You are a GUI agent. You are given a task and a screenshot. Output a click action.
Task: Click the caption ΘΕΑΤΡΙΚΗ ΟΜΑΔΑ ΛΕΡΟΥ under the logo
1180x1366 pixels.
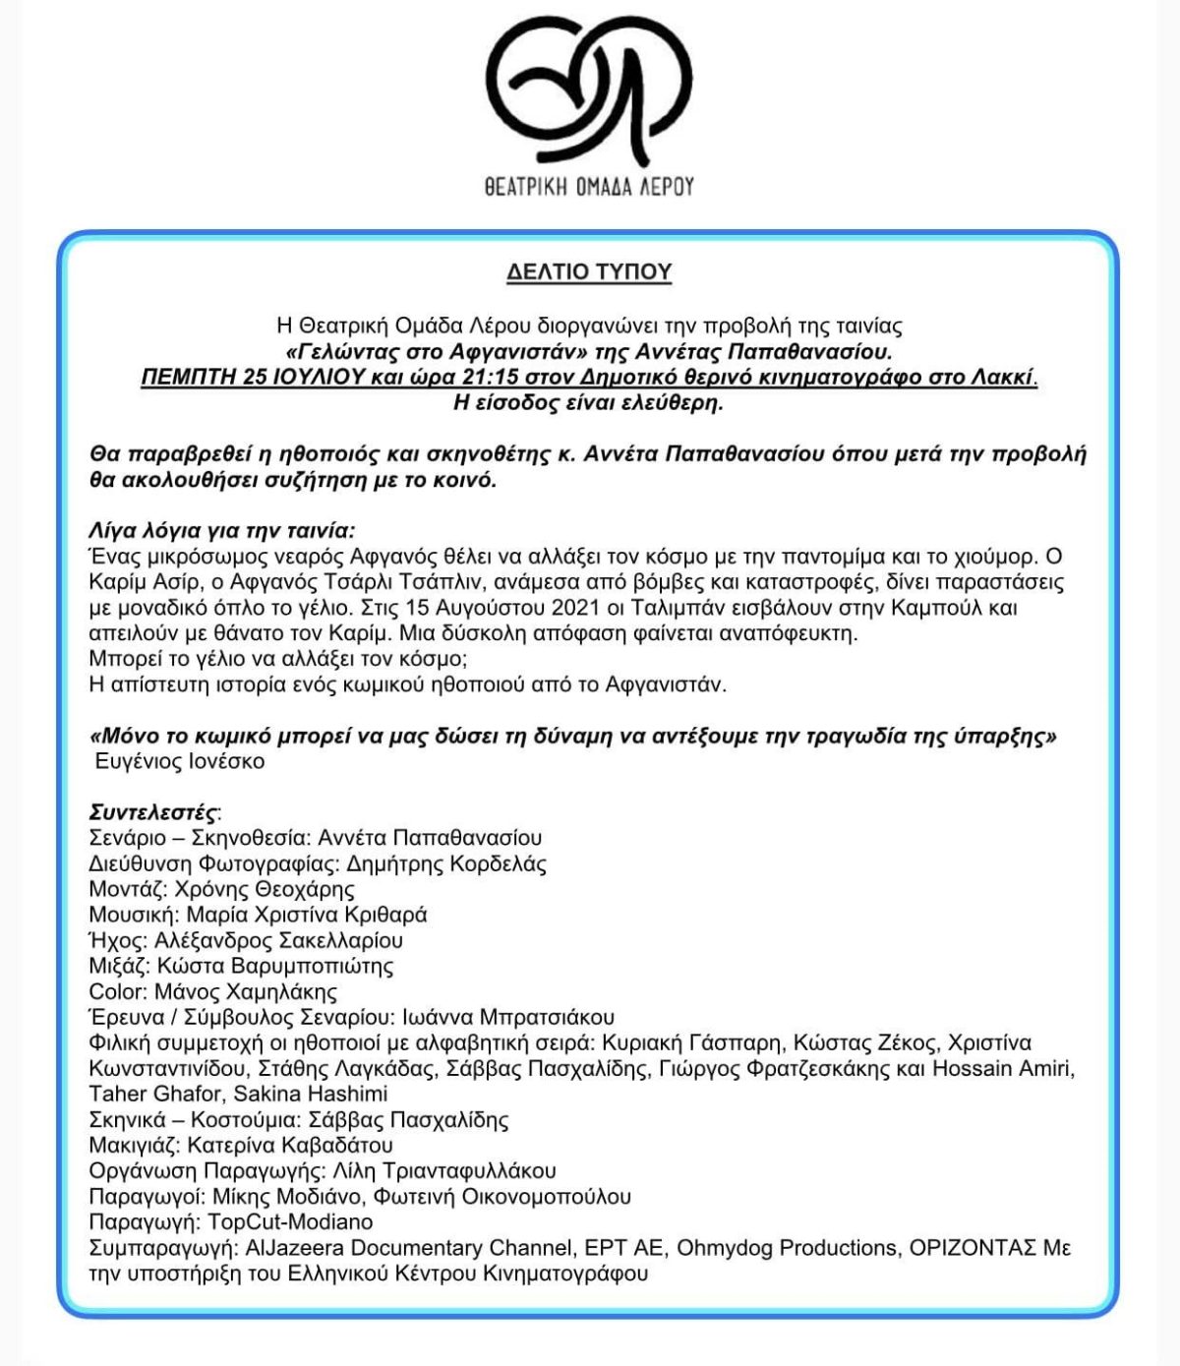[589, 186]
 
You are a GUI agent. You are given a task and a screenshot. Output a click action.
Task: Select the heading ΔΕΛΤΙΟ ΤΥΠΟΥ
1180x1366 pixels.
[589, 273]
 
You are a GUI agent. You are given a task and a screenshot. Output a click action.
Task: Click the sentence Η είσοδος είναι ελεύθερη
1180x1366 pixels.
[588, 402]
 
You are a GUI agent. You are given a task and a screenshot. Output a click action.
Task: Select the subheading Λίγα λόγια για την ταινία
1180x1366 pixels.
[221, 530]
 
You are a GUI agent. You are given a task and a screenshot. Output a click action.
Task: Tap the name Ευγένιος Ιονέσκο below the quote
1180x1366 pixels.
[180, 761]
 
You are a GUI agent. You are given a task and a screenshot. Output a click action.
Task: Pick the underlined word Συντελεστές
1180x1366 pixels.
[152, 812]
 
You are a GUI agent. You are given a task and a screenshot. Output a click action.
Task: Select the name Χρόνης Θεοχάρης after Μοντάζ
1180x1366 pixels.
[265, 889]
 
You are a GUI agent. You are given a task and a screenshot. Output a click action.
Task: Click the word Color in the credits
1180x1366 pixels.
[117, 991]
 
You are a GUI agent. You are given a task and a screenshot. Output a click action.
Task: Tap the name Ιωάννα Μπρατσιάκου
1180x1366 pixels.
[508, 1017]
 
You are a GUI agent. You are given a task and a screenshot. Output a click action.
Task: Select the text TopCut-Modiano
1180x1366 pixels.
[291, 1221]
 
